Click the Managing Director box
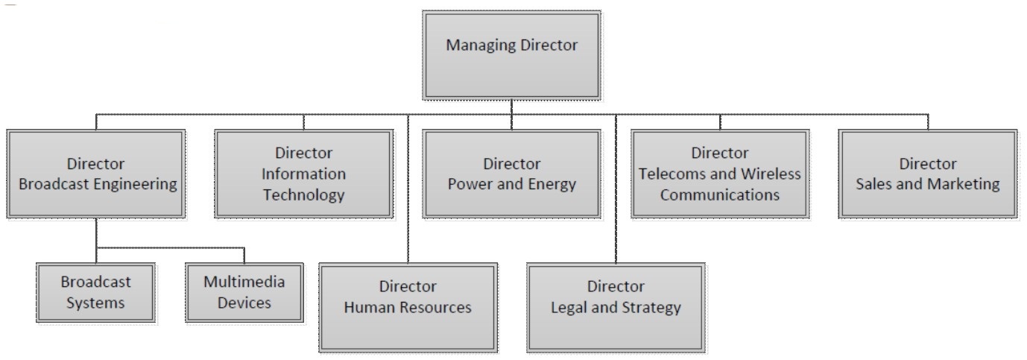click(511, 54)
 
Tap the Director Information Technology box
click(303, 174)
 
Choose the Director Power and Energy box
click(511, 174)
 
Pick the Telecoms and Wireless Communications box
click(719, 174)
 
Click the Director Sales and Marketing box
click(927, 174)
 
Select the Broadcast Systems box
click(95, 292)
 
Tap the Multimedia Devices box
click(244, 292)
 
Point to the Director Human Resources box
click(408, 306)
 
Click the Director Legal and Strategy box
click(616, 306)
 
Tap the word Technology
click(303, 195)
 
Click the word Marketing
click(963, 185)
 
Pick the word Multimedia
click(244, 282)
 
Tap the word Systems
click(95, 303)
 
